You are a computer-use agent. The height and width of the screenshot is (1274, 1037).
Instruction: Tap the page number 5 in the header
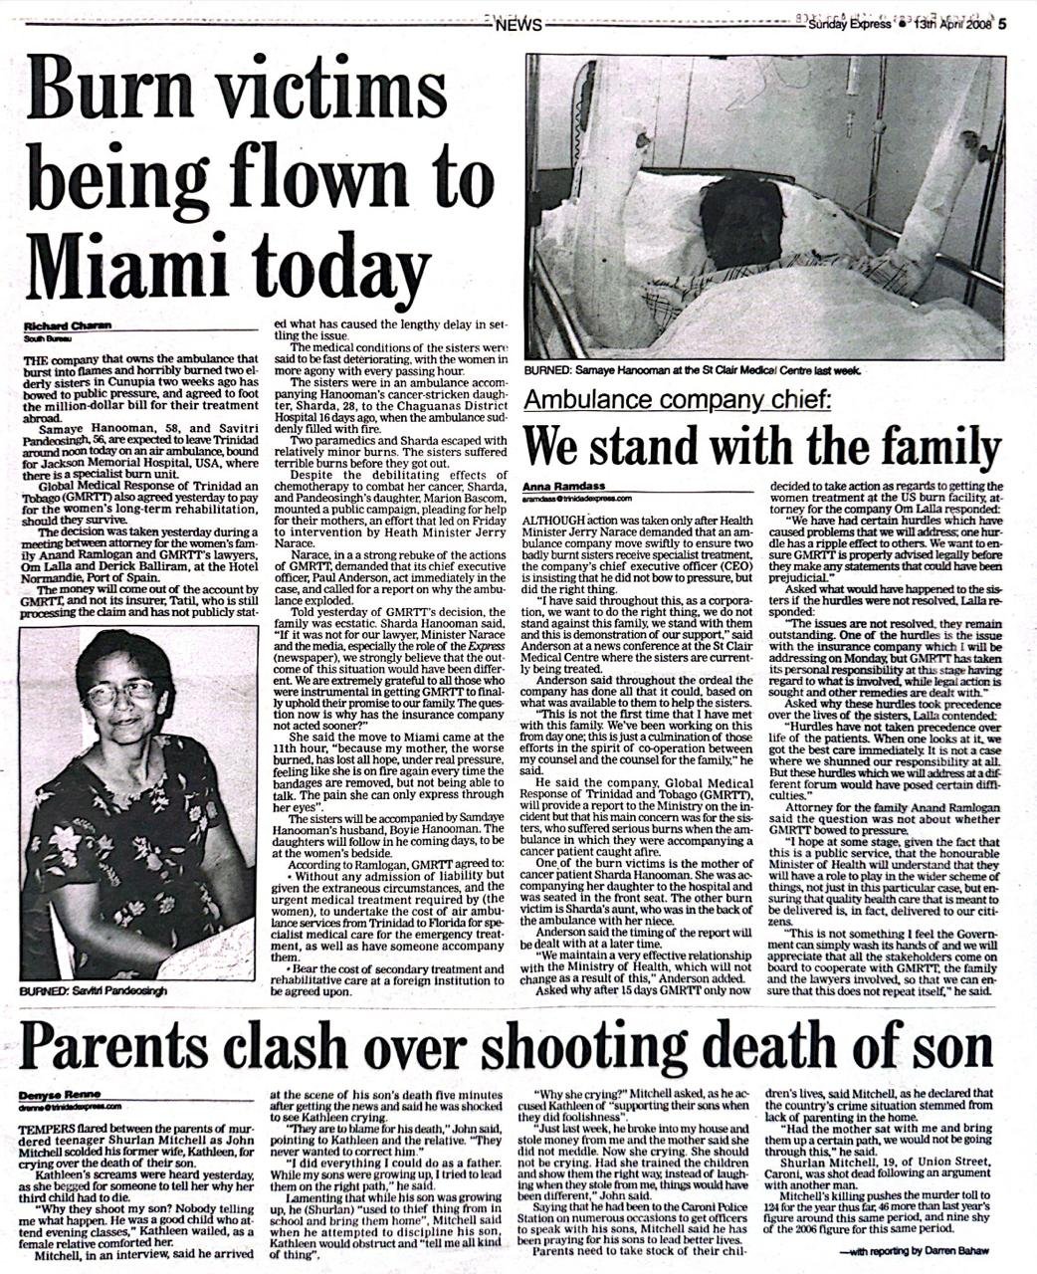(x=1004, y=26)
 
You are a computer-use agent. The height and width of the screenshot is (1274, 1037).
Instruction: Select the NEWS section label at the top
(x=518, y=26)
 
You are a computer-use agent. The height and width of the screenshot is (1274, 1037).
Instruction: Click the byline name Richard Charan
(x=68, y=325)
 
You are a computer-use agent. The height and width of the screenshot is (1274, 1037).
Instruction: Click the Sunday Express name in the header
(x=850, y=26)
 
